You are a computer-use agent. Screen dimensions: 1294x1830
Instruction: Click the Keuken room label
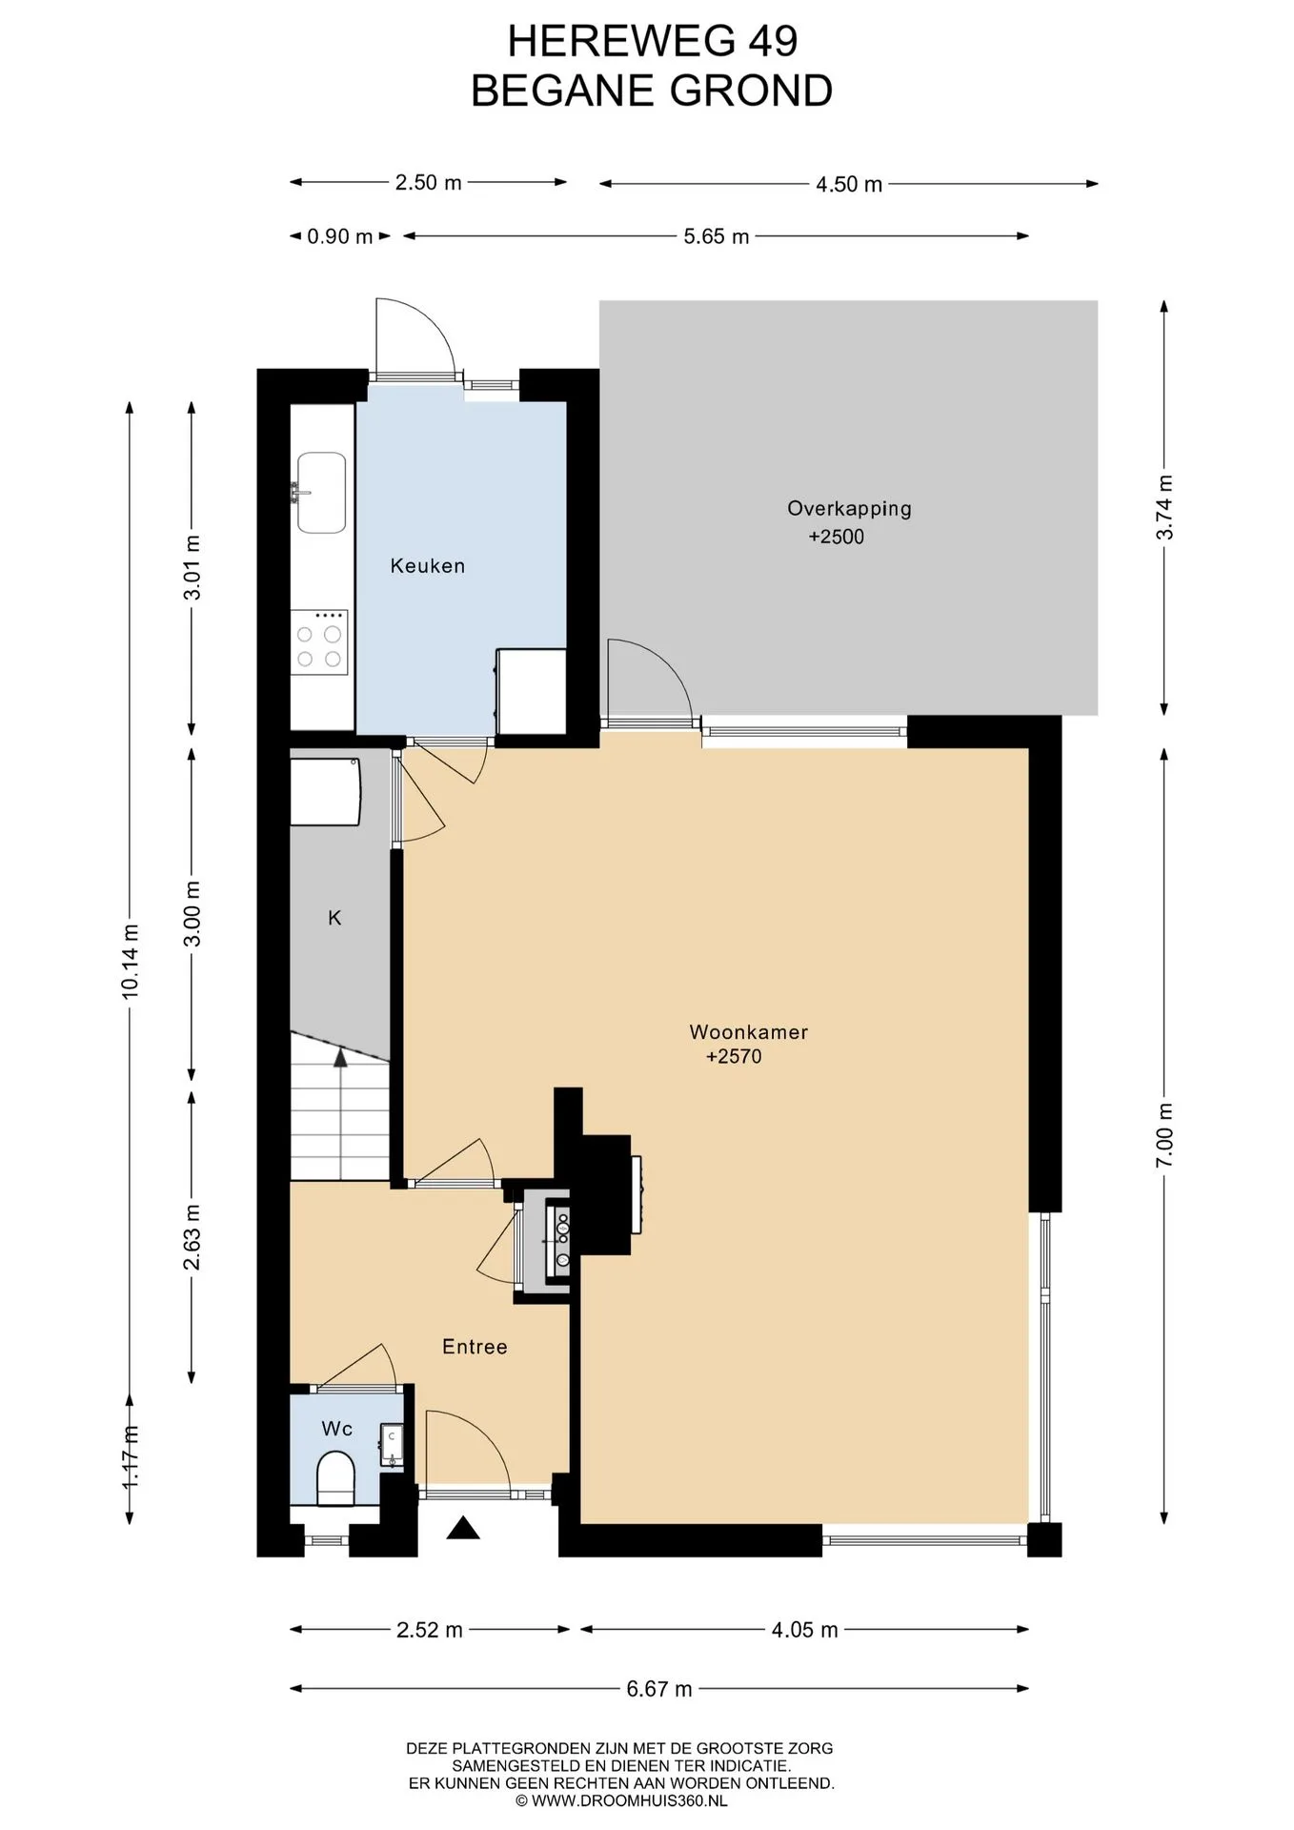428,566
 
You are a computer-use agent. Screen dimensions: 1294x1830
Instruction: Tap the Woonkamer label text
749,1032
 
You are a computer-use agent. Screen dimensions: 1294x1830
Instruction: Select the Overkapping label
849,509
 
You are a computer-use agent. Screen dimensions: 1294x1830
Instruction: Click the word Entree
475,1347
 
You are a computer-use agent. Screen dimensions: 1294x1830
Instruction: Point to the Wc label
337,1429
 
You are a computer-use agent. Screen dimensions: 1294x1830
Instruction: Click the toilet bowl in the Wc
334,1478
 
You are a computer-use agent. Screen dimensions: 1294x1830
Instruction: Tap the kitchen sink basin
321,493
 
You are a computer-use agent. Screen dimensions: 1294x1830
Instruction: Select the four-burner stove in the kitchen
319,642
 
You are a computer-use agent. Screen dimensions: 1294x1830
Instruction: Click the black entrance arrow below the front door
463,1529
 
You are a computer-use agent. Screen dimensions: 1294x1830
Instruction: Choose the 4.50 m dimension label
849,185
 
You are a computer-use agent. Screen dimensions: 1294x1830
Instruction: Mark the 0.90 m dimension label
340,236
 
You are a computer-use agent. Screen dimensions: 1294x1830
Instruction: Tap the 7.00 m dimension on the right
1164,1135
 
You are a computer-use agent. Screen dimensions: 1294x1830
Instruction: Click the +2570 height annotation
734,1056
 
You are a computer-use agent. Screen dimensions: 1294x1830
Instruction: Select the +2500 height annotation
837,537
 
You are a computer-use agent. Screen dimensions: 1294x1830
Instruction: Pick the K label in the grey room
334,918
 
